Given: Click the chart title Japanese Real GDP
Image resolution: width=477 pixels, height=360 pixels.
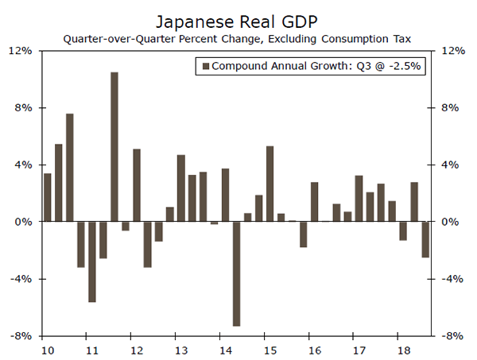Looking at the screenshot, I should [238, 17].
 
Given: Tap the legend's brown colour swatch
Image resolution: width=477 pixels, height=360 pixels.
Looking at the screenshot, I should [206, 67].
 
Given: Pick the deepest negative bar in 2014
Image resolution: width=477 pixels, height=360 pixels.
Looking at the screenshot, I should [236, 273].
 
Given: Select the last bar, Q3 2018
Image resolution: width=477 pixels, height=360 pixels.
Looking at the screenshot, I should [425, 239].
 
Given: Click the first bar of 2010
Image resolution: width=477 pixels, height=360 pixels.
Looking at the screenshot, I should [48, 197].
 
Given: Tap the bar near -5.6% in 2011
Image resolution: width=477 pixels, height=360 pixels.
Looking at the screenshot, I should [92, 261].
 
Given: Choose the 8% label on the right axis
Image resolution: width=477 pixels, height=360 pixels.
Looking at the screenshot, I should [451, 108].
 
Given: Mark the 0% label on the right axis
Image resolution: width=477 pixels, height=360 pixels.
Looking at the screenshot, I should [451, 222].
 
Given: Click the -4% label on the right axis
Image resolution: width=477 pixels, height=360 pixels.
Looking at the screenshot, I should [452, 279].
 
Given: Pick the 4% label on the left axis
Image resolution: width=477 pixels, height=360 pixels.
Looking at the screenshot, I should [22, 165].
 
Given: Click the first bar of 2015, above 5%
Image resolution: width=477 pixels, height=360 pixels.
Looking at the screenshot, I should [270, 184].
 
